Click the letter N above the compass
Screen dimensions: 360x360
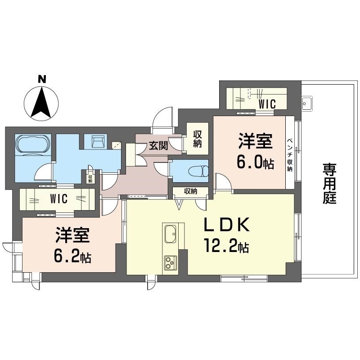[x=42, y=79]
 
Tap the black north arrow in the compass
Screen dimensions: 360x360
[x=41, y=102]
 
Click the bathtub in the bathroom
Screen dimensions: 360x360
[x=33, y=144]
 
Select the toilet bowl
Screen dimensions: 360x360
[x=198, y=171]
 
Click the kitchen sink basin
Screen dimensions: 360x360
[x=171, y=234]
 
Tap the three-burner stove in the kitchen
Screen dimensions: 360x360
[x=171, y=262]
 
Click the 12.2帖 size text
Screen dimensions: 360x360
[x=226, y=245]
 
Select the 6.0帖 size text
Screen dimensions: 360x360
[x=255, y=162]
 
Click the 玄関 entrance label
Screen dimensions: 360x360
[x=158, y=145]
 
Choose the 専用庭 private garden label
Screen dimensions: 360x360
[x=329, y=184]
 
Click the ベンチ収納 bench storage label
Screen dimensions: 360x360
[x=290, y=155]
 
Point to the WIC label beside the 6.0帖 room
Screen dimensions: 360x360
[x=267, y=104]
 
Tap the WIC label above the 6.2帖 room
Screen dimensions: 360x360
[x=59, y=199]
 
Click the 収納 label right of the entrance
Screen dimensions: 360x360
[x=197, y=139]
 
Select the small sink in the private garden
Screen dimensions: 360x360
[x=307, y=103]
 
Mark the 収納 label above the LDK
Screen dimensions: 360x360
[x=190, y=191]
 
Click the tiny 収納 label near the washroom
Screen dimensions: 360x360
[x=90, y=179]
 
